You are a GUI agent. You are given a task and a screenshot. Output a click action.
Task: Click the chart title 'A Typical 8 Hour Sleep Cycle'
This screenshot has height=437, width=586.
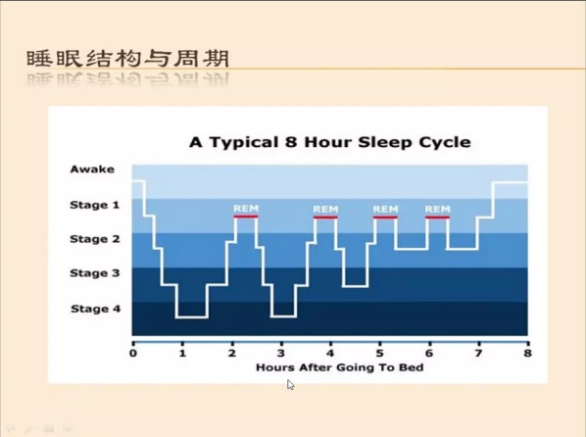[329, 142]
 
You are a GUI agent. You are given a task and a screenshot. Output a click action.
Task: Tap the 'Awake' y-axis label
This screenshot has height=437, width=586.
[92, 169]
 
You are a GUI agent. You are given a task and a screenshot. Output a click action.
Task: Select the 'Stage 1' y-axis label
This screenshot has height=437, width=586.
[94, 205]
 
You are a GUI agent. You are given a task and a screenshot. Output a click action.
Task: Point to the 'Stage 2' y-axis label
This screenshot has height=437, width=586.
[95, 239]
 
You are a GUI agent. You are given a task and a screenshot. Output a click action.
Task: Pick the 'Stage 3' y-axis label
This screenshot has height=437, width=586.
[95, 273]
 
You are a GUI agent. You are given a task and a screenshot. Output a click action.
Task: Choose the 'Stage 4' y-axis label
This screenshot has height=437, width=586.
[96, 309]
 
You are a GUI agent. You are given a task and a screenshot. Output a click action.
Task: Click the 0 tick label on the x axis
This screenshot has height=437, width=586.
[133, 353]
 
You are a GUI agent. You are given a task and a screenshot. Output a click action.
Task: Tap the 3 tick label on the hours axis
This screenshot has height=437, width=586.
[281, 353]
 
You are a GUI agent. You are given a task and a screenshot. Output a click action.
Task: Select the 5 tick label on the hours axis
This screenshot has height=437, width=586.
[379, 353]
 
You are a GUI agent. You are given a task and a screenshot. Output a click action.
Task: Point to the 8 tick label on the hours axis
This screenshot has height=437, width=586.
[527, 353]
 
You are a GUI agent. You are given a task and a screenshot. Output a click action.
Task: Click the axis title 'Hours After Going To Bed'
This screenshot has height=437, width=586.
[340, 367]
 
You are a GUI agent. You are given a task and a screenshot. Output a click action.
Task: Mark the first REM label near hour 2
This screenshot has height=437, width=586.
[246, 209]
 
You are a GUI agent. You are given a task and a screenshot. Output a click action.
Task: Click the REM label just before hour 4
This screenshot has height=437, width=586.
[325, 209]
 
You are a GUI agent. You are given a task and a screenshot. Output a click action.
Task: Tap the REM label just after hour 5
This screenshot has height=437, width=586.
[386, 209]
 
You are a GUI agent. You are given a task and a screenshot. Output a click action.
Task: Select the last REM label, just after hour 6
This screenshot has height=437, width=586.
[438, 209]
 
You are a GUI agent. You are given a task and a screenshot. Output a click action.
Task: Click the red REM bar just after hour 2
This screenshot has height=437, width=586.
[246, 217]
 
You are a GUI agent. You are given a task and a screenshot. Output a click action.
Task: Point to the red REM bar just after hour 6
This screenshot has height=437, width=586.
[438, 218]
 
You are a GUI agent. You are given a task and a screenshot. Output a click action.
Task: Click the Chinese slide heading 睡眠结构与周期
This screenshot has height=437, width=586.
[127, 59]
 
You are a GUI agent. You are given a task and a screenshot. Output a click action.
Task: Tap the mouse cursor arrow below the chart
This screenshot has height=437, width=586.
[290, 385]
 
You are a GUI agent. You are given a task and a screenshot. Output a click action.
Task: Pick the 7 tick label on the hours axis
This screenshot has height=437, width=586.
[478, 353]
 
